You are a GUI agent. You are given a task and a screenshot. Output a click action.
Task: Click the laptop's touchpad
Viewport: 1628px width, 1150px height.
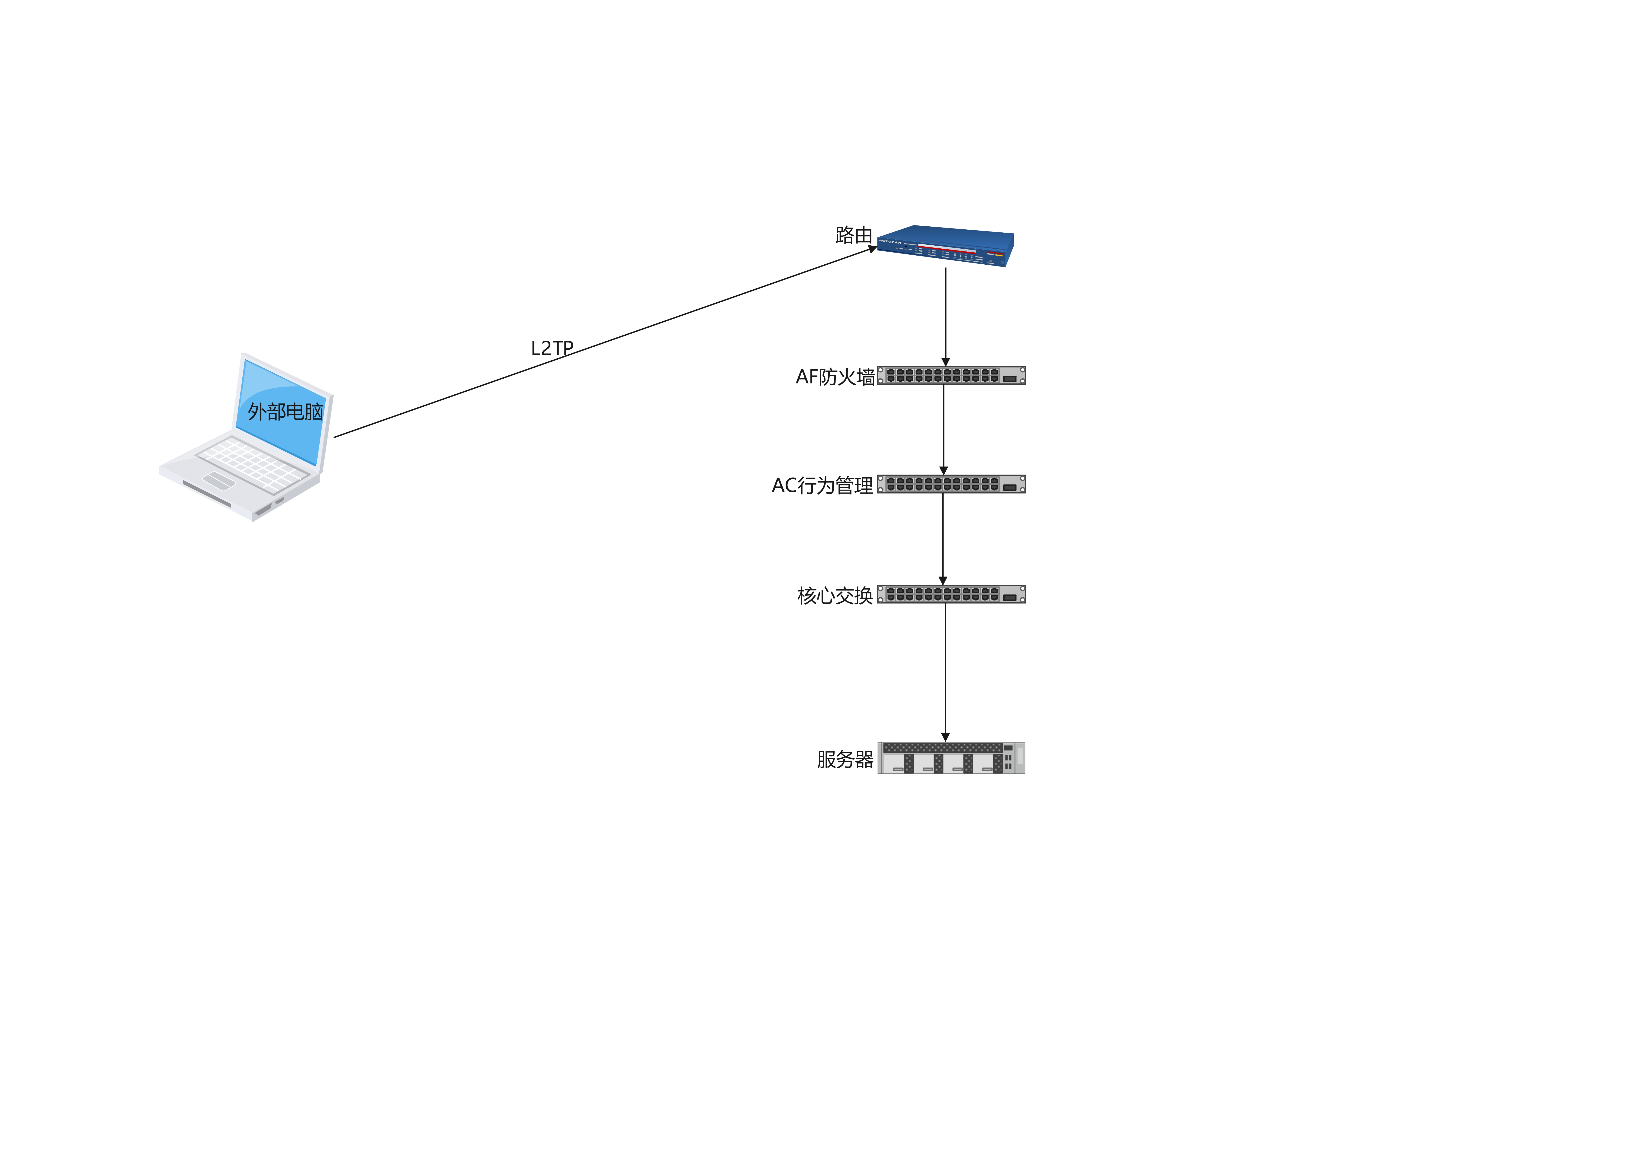click(218, 481)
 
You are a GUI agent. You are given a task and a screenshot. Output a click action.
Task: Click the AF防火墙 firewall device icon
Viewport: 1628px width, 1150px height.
click(951, 376)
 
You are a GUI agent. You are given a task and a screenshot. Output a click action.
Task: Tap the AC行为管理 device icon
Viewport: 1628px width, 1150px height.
click(951, 484)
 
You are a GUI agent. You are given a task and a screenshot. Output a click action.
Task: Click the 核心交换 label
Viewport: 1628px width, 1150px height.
click(835, 595)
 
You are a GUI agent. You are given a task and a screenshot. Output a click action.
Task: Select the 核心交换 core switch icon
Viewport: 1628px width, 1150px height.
click(951, 594)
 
